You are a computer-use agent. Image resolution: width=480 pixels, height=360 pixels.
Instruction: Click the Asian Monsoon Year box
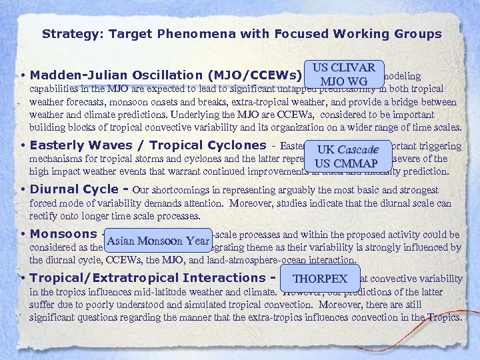[x=157, y=241]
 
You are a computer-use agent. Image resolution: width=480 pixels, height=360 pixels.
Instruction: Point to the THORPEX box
[x=321, y=279]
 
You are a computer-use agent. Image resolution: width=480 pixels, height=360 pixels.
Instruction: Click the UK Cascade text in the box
[x=348, y=150]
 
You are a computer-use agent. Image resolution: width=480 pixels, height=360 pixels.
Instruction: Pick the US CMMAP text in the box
[x=346, y=163]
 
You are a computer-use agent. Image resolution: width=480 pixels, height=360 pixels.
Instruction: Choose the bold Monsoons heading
[x=63, y=234]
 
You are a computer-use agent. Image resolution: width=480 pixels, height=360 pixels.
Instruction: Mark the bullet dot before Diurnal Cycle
[x=23, y=190]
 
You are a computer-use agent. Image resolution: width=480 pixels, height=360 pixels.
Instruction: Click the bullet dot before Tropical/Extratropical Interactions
[x=23, y=279]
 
